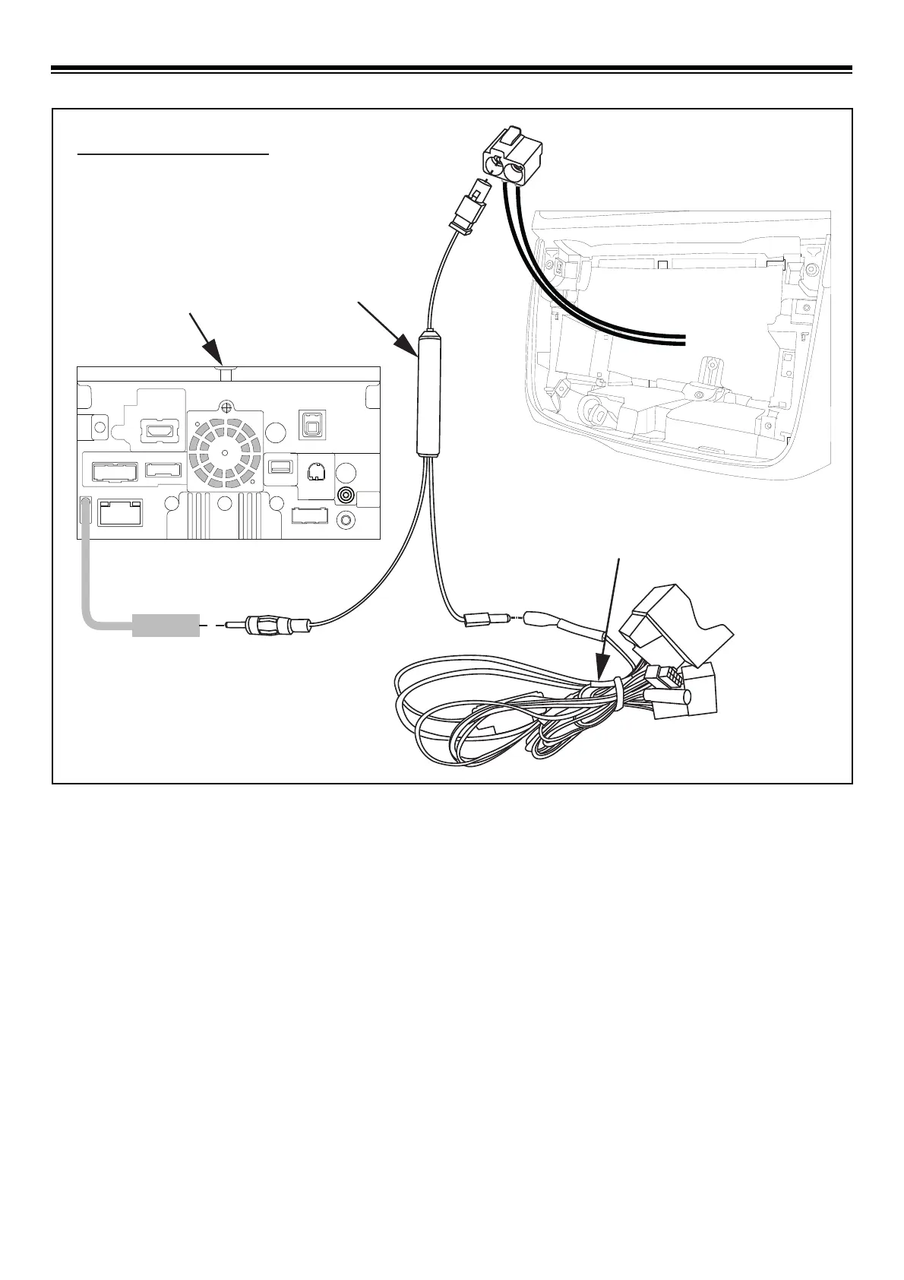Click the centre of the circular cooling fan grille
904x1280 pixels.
click(x=226, y=451)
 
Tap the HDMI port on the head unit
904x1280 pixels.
click(x=161, y=430)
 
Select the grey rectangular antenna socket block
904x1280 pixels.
click(x=166, y=625)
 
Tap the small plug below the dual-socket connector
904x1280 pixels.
click(x=469, y=204)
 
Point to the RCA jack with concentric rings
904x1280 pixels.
click(x=346, y=496)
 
